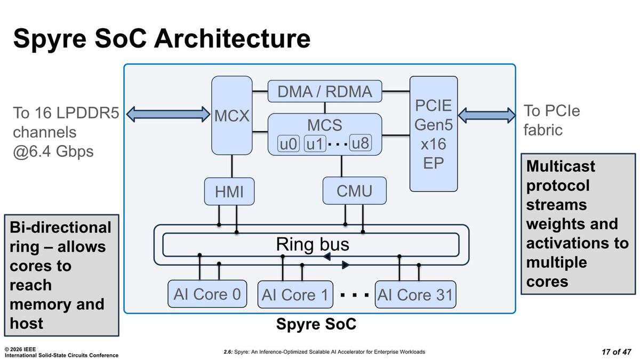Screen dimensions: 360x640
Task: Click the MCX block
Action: [x=232, y=115]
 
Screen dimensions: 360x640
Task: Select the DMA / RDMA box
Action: [x=325, y=91]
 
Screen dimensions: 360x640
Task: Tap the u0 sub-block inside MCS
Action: [x=289, y=144]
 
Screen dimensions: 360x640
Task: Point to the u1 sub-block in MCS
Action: [x=315, y=144]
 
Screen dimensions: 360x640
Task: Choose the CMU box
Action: [x=354, y=191]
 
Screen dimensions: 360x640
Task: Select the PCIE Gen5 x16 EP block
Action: [x=433, y=133]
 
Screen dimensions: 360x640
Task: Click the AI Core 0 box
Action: [x=207, y=294]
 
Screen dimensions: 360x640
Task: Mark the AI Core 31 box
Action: [x=415, y=294]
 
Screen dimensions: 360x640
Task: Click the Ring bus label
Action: [x=313, y=244]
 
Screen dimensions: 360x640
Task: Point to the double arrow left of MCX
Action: [x=169, y=114]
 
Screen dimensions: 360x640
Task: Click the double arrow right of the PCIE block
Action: [x=487, y=115]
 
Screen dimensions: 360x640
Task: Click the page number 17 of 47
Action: [x=613, y=352]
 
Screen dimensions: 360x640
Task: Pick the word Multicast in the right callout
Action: [x=561, y=166]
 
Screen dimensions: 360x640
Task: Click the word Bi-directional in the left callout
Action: [x=60, y=228]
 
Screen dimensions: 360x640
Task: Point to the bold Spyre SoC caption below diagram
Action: [x=316, y=324]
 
